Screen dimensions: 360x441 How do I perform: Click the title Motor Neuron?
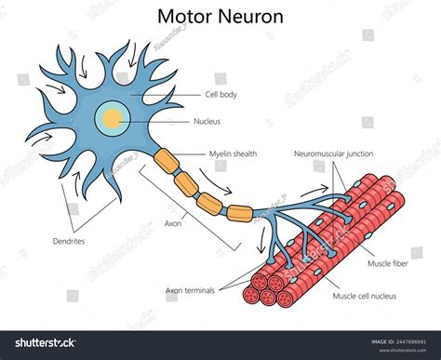click(x=220, y=18)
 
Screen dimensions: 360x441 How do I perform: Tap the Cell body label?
click(x=223, y=95)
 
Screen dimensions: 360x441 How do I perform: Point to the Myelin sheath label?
click(x=234, y=153)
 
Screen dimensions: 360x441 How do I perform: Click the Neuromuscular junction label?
click(x=335, y=153)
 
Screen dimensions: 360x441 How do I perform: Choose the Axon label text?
click(x=172, y=223)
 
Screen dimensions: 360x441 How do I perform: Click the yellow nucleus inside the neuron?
click(x=113, y=118)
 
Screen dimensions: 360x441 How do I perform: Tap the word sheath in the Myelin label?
click(x=245, y=153)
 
